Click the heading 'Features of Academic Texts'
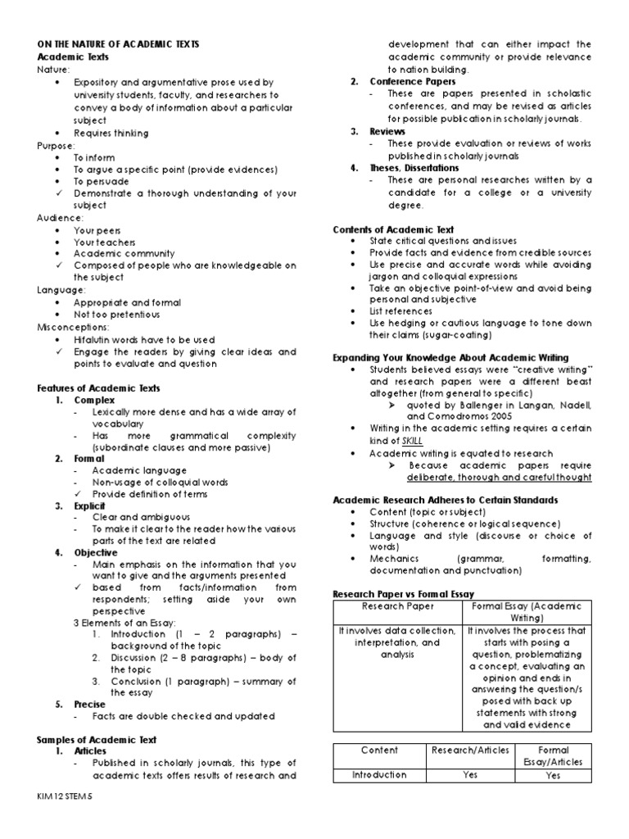pyautogui.click(x=98, y=388)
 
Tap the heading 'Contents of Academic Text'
pyautogui.click(x=393, y=230)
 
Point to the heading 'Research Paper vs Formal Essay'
pyautogui.click(x=404, y=592)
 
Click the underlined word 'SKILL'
pyautogui.click(x=412, y=440)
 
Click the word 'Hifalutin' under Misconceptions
pyautogui.click(x=93, y=339)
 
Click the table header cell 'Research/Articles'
pyautogui.click(x=469, y=750)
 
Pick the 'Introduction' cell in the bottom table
pyautogui.click(x=379, y=774)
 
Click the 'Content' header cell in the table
pyautogui.click(x=379, y=750)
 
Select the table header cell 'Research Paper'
pyautogui.click(x=397, y=607)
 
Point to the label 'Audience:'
pyautogui.click(x=60, y=218)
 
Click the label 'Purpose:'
pyautogui.click(x=56, y=145)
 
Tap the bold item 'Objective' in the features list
pyautogui.click(x=96, y=553)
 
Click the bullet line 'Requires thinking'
pyautogui.click(x=111, y=133)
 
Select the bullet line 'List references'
pyautogui.click(x=401, y=311)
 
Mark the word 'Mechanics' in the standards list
pyautogui.click(x=394, y=559)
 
